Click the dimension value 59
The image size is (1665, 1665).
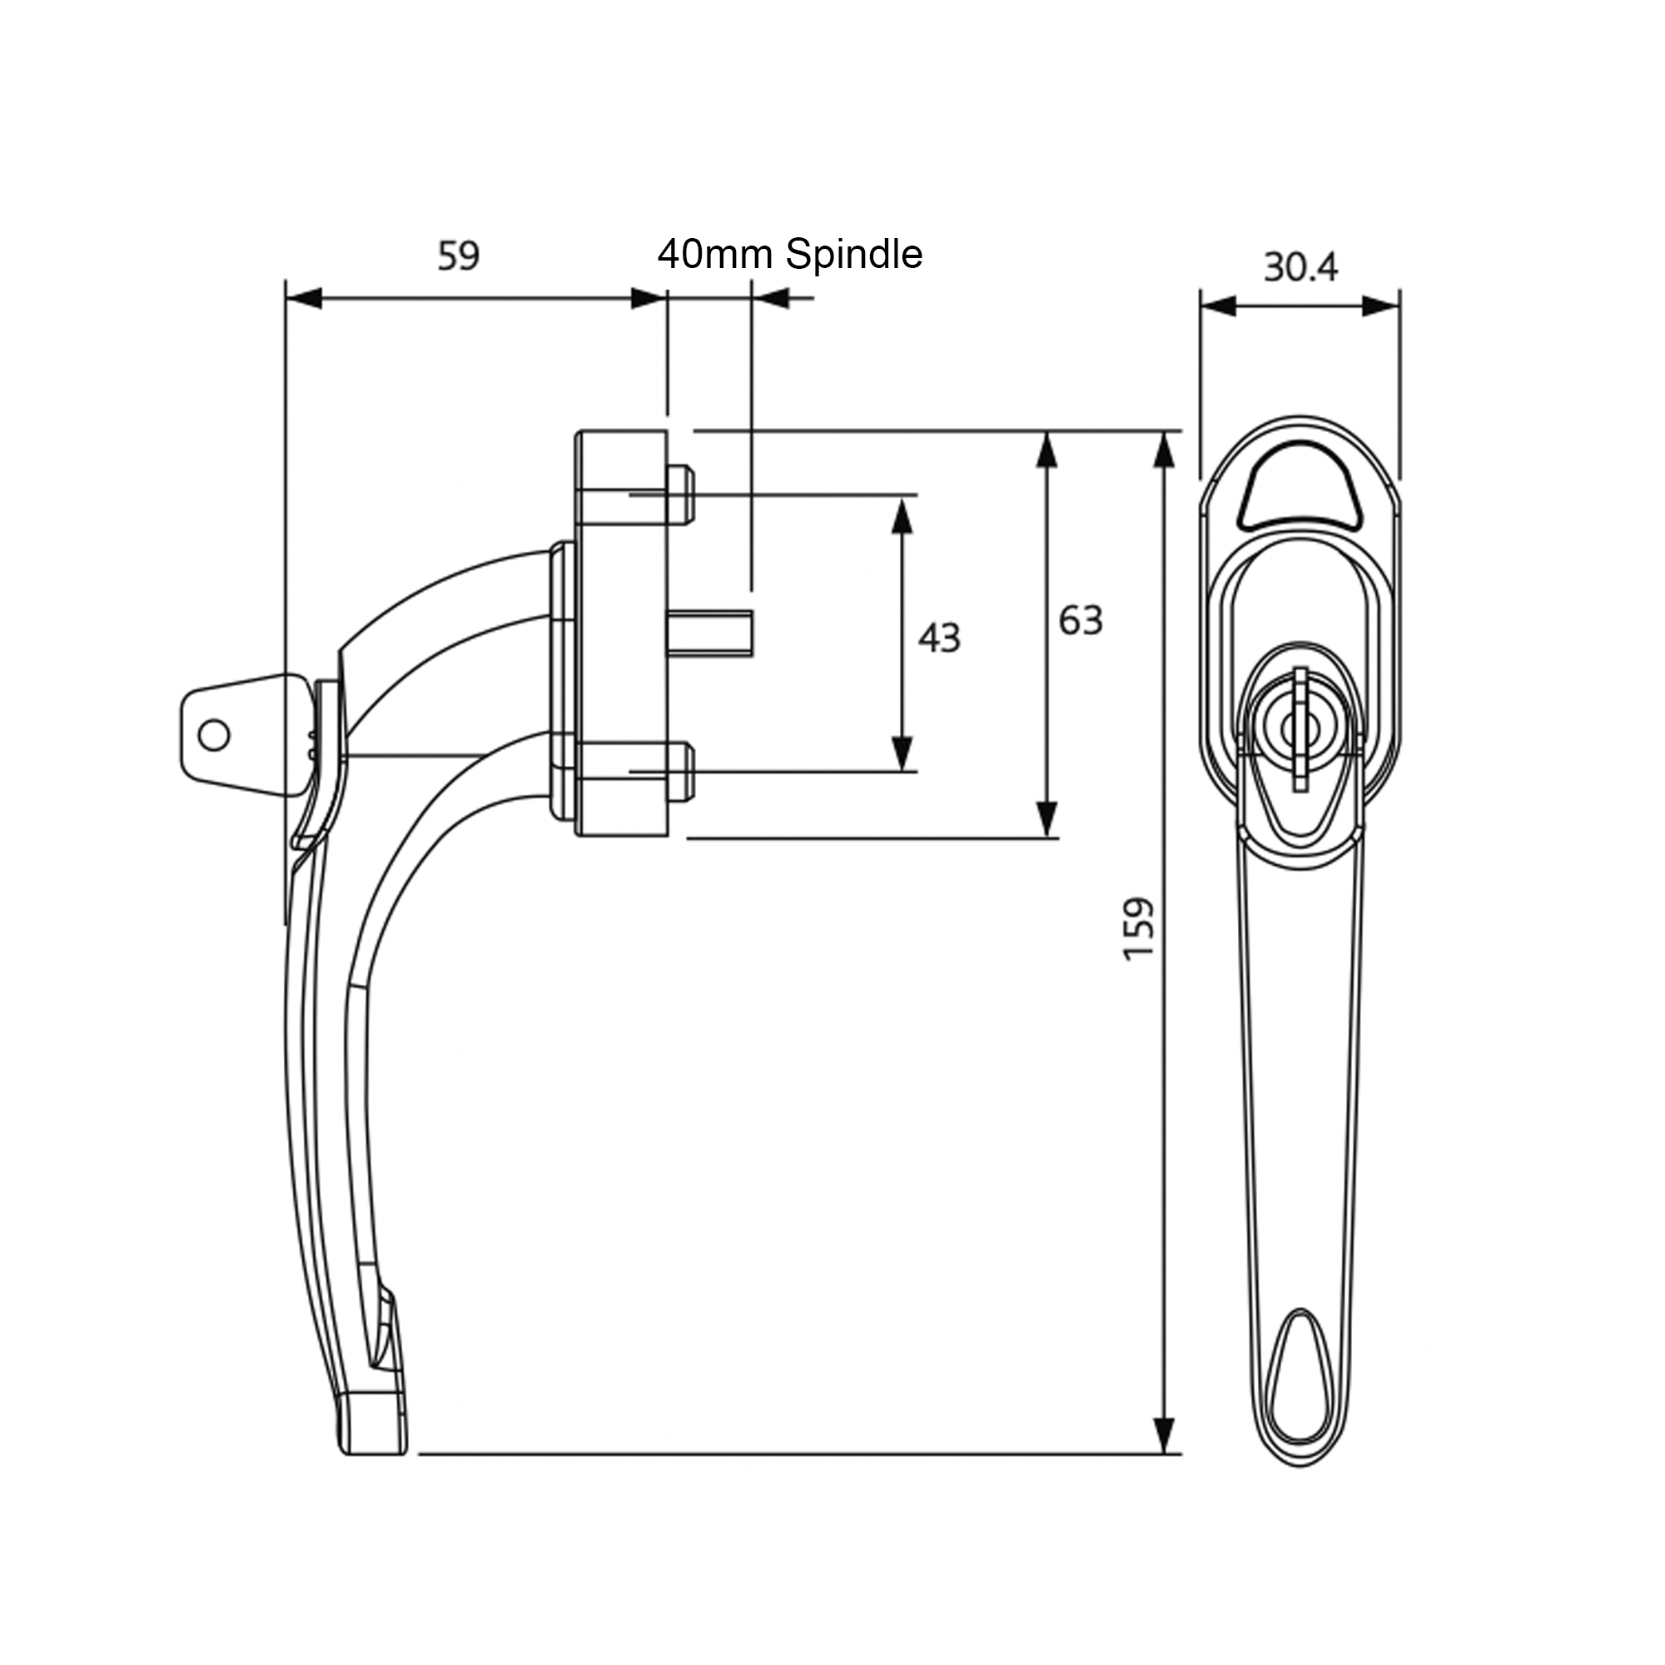pos(458,256)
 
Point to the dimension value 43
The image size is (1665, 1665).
pos(937,639)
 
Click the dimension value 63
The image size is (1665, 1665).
pos(1080,620)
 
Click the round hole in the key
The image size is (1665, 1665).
pos(214,735)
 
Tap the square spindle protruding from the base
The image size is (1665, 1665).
pos(710,633)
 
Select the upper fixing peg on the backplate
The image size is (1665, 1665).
pos(681,495)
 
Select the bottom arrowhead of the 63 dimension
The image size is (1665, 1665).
pos(1046,818)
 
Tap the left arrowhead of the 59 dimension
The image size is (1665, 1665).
pos(303,299)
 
